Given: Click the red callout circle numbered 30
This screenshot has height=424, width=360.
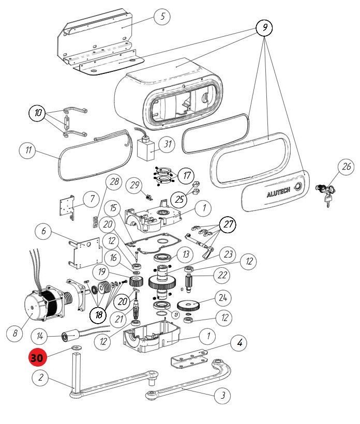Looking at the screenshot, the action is click(37, 357).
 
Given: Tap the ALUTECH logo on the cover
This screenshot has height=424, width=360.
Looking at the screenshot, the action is click(278, 192).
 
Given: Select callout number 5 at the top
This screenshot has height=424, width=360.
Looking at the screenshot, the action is click(162, 16).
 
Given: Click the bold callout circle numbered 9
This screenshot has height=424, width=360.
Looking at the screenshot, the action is click(264, 27).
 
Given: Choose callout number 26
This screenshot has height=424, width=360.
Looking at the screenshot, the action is click(346, 167).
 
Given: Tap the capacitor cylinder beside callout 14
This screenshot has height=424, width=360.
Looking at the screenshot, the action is click(71, 337).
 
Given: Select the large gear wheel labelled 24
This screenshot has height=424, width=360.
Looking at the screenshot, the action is click(189, 305).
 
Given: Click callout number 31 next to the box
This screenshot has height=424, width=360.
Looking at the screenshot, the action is click(167, 144).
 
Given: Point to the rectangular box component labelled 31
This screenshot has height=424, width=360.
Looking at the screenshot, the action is click(146, 149).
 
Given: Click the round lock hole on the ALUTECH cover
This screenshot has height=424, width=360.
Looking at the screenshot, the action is click(298, 186).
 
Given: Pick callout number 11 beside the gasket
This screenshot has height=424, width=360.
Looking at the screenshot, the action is click(28, 150).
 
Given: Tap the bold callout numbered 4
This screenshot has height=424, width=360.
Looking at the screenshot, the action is click(239, 343).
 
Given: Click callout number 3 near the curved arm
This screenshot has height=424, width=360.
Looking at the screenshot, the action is click(222, 396).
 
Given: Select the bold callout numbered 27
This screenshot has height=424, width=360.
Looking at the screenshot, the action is click(228, 224).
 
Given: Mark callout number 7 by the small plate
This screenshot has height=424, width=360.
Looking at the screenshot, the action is click(92, 199).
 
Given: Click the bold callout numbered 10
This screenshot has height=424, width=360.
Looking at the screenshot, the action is click(38, 113).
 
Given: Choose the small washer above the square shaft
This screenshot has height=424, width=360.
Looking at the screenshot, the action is click(77, 347).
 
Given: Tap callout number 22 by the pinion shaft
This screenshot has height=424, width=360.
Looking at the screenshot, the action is click(222, 275).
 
